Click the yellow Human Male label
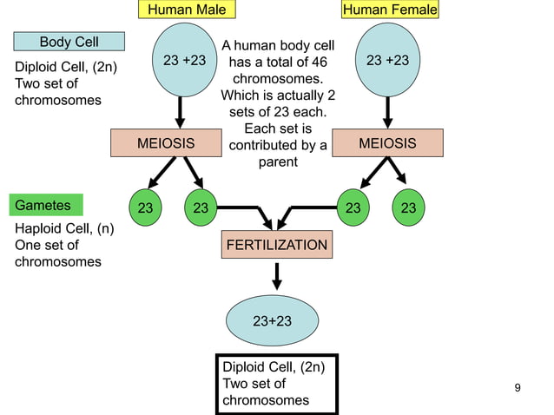187,10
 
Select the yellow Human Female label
390,10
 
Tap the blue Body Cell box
69,42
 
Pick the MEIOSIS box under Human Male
166,143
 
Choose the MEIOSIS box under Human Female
387,143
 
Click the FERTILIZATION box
277,246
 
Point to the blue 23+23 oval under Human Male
184,60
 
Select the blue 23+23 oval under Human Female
387,60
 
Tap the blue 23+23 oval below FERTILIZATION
272,320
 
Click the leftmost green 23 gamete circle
144,208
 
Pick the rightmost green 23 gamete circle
408,208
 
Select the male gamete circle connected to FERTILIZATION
201,208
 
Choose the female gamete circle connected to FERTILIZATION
353,208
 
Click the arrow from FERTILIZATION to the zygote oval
277,276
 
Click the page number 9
518,387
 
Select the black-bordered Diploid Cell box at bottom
276,384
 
